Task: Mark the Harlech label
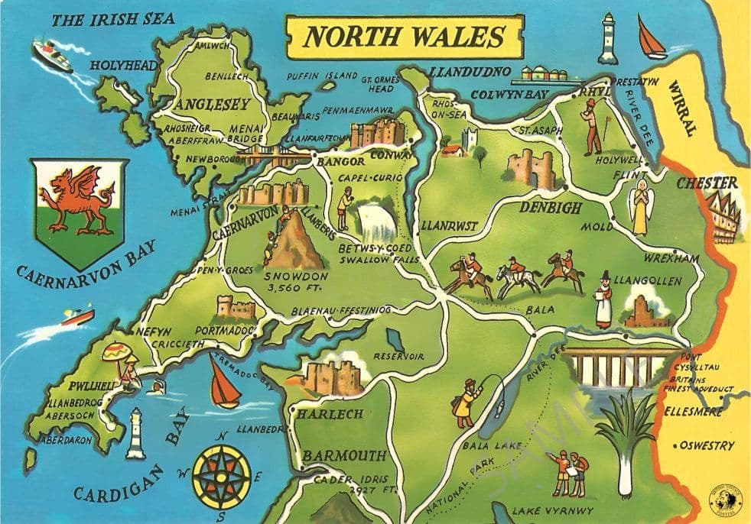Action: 330,415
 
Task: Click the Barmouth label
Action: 343,456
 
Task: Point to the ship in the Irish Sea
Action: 52,56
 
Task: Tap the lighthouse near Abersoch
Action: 137,432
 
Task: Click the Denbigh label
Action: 551,208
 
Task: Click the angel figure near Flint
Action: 639,205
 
